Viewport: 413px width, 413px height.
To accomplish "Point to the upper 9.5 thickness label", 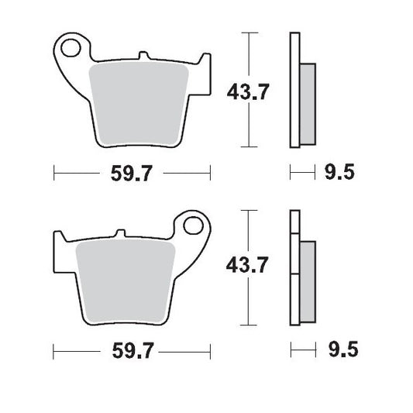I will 339,172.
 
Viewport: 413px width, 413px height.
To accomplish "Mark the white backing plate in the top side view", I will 294,89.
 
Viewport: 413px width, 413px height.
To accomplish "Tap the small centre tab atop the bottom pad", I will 120,233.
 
